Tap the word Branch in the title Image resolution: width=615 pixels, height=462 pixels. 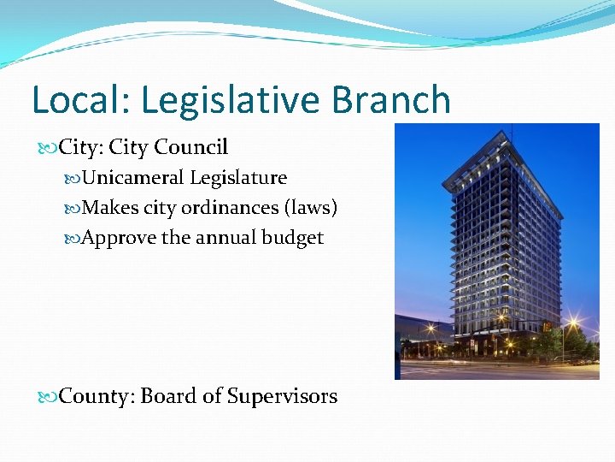391,100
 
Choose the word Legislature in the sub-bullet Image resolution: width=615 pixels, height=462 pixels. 237,178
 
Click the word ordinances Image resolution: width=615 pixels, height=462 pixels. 231,208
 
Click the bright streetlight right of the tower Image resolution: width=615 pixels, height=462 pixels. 571,323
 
